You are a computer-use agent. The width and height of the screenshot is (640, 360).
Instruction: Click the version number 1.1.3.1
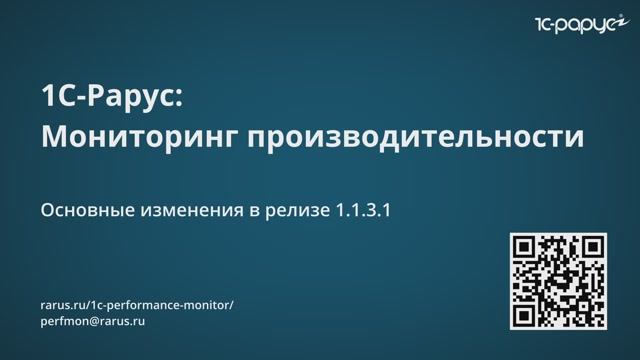369,212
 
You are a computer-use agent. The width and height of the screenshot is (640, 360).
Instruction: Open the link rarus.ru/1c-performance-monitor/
136,304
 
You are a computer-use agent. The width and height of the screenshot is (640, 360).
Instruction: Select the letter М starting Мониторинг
53,137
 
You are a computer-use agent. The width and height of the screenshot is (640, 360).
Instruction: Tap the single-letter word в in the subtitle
255,213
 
